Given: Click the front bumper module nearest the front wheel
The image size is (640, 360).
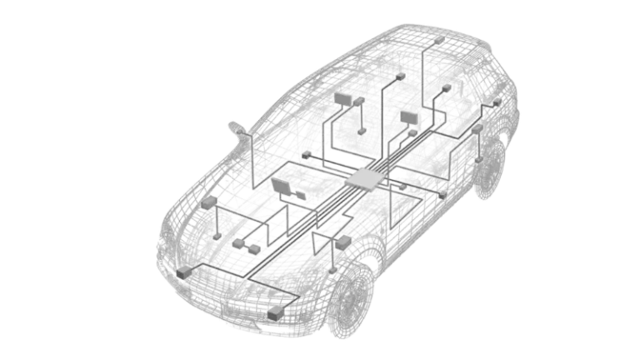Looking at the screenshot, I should click(274, 312).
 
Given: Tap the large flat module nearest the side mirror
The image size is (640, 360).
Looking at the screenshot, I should click(343, 99).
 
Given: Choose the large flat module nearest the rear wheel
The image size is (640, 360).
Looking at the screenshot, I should click(408, 117).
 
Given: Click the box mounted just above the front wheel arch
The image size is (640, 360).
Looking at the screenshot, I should click(340, 243).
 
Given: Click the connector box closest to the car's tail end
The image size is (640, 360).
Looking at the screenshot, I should click(497, 103).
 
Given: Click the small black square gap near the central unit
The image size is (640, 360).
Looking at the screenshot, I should click(336, 155).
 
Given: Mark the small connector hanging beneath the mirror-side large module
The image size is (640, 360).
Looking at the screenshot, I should click(361, 131).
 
